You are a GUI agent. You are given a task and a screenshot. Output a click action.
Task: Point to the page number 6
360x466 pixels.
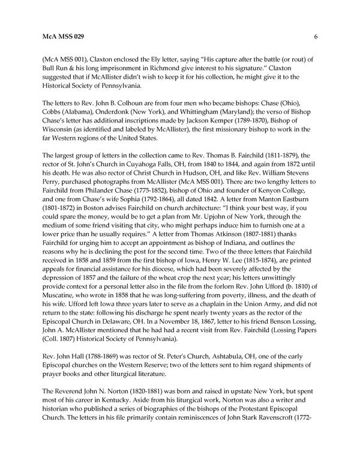tap(315, 37)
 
